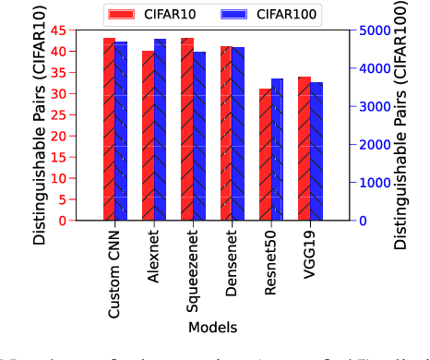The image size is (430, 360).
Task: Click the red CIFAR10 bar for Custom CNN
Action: tap(109, 129)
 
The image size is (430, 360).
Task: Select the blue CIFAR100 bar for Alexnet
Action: tap(161, 129)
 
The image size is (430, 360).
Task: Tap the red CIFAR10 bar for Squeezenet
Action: tap(187, 129)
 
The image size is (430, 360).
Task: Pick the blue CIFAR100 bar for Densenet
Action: tap(239, 134)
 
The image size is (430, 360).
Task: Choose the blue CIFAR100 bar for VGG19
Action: tap(317, 151)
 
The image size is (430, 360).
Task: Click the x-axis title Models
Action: tap(212, 327)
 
